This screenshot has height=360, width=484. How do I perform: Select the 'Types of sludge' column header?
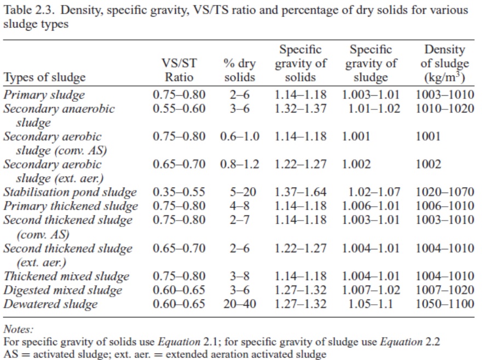click(44, 77)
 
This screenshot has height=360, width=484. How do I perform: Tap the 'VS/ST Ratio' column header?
click(179, 70)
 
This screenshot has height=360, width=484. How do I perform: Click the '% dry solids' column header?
click(240, 70)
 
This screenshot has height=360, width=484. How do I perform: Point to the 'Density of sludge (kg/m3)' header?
click(445, 63)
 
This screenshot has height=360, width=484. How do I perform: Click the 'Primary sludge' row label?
click(44, 95)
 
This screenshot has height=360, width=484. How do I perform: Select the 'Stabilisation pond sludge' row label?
click(70, 193)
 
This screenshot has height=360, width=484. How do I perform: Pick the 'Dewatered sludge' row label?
click(51, 304)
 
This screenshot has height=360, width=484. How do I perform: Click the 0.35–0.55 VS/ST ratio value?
click(179, 193)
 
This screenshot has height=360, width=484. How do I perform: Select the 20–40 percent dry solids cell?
click(240, 304)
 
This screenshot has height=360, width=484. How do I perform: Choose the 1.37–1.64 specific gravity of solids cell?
click(301, 193)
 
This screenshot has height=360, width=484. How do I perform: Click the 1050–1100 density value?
click(445, 304)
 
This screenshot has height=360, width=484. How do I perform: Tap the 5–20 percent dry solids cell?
click(240, 193)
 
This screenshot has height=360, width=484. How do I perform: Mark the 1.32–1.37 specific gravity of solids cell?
click(301, 108)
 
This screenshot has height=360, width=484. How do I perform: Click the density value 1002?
click(428, 164)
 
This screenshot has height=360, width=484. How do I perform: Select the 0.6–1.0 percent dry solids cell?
click(240, 136)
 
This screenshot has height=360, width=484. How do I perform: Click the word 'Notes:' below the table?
click(18, 329)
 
